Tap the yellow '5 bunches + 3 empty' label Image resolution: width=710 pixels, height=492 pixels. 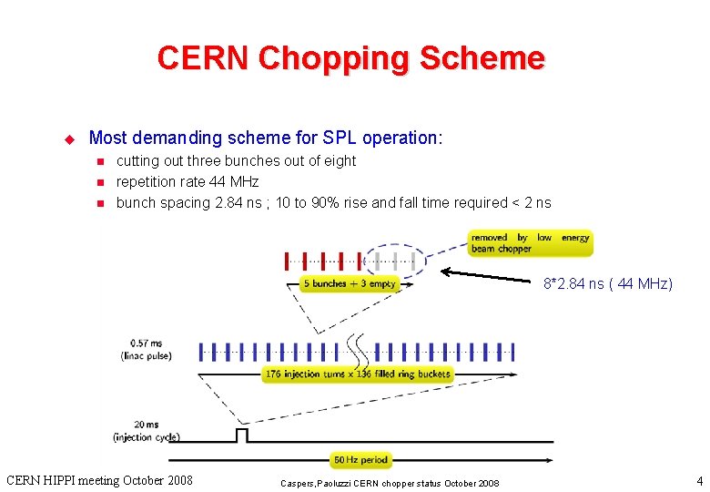pyautogui.click(x=350, y=284)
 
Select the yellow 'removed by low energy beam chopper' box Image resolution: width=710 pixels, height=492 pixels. pyautogui.click(x=531, y=242)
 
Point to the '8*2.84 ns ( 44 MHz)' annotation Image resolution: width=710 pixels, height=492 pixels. pyautogui.click(x=608, y=283)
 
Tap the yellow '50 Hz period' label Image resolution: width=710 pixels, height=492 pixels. pyautogui.click(x=360, y=460)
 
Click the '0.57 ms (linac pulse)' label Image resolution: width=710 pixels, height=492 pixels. pyautogui.click(x=145, y=348)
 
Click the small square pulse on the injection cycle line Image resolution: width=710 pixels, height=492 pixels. pyautogui.click(x=241, y=435)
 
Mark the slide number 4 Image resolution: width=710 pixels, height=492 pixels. pyautogui.click(x=699, y=480)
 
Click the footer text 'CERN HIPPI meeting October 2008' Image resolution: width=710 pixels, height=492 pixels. pyautogui.click(x=99, y=480)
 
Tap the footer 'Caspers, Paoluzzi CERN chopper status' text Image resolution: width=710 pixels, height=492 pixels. pyautogui.click(x=389, y=482)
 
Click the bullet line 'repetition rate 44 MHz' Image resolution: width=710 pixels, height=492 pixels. pyautogui.click(x=188, y=182)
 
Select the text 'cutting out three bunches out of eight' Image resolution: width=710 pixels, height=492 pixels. pyautogui.click(x=236, y=161)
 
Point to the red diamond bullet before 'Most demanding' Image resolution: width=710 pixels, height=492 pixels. pyautogui.click(x=66, y=138)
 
